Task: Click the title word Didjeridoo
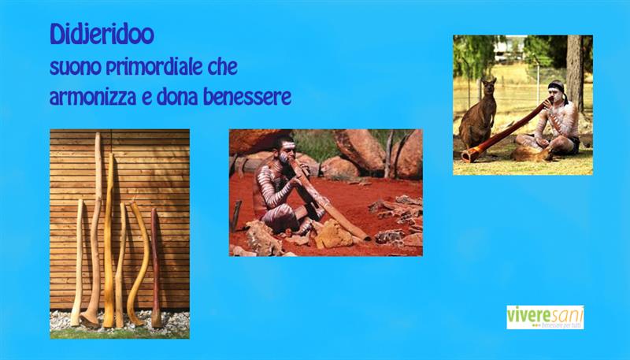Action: [x=102, y=35]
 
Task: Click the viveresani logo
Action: [x=545, y=317]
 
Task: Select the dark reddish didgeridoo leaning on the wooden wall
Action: [x=155, y=268]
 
